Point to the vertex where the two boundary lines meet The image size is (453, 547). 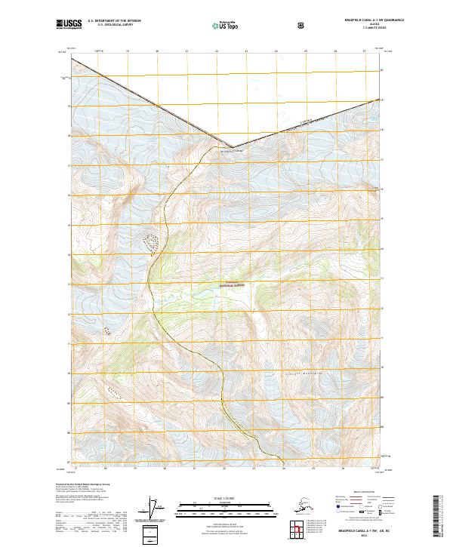(x=232, y=147)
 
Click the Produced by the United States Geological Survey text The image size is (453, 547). (x=93, y=483)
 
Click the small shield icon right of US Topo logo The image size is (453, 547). (x=301, y=25)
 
